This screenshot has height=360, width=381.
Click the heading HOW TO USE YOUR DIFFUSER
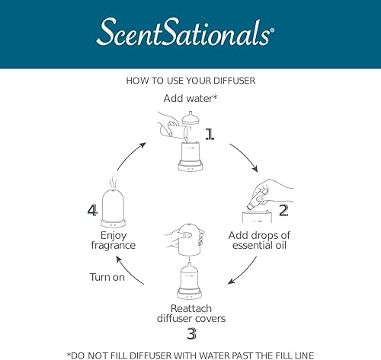tap(190, 79)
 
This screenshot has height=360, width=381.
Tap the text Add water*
tap(189, 98)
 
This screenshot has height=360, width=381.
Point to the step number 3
tap(192, 334)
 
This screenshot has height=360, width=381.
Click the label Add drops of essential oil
tap(260, 241)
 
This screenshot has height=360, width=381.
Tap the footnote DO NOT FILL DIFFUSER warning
tap(190, 353)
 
